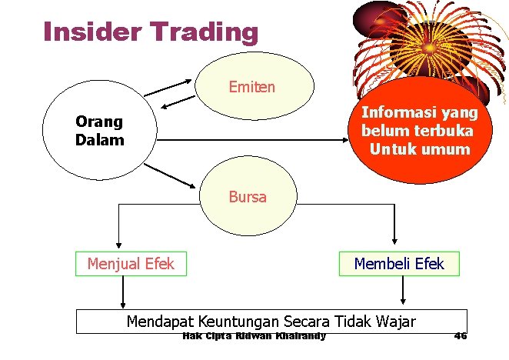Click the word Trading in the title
(202, 32)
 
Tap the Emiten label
(251, 87)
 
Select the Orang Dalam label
(99, 132)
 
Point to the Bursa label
(247, 197)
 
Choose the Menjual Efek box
(131, 264)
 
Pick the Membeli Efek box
(398, 264)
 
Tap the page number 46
(461, 336)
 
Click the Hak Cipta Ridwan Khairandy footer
(254, 336)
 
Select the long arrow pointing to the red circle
(254, 140)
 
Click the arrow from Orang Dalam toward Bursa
(176, 174)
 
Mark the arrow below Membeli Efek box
(402, 292)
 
